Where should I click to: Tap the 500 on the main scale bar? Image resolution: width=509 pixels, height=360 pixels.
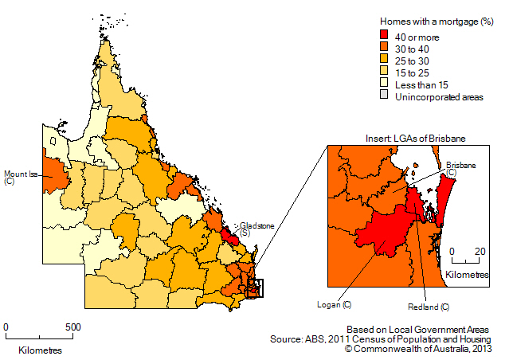(71, 327)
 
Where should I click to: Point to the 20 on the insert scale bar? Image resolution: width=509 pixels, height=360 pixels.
(480, 251)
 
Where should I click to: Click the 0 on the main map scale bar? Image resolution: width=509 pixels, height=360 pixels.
(6, 327)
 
